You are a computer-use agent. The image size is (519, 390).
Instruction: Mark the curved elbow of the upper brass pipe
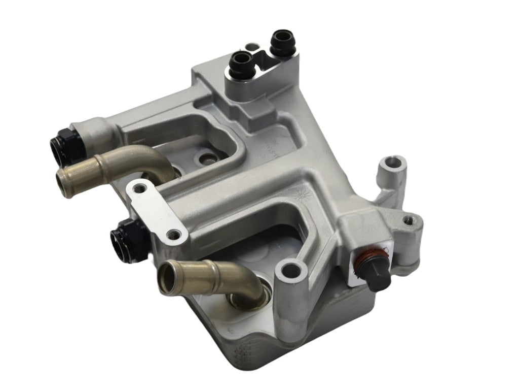tap(155, 158)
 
